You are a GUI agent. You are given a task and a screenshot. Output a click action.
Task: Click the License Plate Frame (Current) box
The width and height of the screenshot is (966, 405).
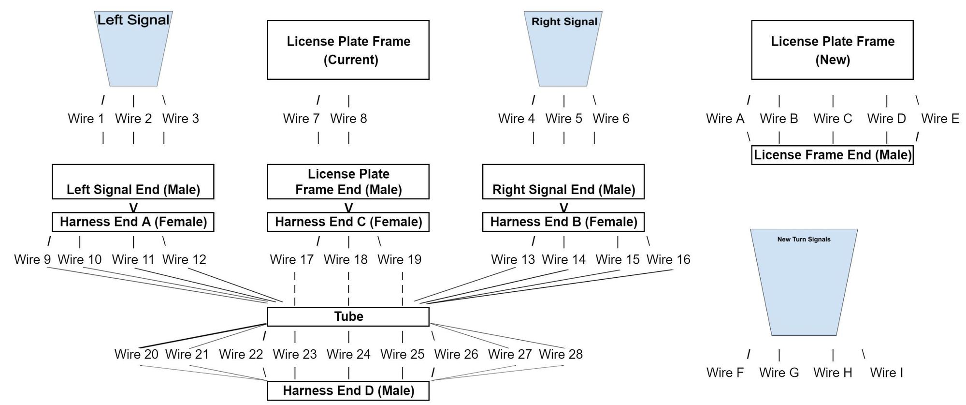pyautogui.click(x=348, y=50)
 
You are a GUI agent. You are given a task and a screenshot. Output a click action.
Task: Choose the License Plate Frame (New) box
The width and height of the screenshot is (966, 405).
pyautogui.click(x=832, y=50)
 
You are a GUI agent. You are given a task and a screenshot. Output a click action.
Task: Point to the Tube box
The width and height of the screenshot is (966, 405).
pyautogui.click(x=348, y=316)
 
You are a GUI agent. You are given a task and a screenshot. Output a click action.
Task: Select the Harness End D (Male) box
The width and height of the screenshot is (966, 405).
pyautogui.click(x=348, y=390)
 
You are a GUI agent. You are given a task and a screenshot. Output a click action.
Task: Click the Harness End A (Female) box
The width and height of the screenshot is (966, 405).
pyautogui.click(x=133, y=222)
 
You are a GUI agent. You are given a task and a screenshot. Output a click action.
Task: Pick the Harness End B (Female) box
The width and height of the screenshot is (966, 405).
pyautogui.click(x=563, y=222)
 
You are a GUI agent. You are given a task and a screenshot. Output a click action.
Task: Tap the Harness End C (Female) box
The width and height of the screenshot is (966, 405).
pyautogui.click(x=348, y=222)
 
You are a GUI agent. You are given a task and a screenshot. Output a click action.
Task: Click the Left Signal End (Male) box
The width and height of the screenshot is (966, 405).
pyautogui.click(x=133, y=181)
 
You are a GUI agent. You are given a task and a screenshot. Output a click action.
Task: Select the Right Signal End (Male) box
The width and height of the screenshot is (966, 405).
pyautogui.click(x=563, y=181)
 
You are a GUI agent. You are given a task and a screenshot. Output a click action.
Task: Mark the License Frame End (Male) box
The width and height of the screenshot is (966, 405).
pyautogui.click(x=832, y=155)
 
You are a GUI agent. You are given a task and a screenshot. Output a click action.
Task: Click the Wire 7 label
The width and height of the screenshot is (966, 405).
pyautogui.click(x=301, y=119)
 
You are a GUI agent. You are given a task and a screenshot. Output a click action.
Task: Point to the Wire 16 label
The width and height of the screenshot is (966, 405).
pyautogui.click(x=668, y=259)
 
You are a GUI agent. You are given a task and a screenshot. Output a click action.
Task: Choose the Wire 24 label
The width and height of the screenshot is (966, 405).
pyautogui.click(x=348, y=354)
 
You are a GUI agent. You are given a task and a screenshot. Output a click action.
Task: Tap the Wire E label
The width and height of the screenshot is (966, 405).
pyautogui.click(x=940, y=119)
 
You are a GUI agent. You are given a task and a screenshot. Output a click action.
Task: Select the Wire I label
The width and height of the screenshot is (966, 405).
pyautogui.click(x=886, y=373)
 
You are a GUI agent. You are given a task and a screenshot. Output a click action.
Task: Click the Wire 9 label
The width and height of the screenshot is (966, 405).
pyautogui.click(x=32, y=259)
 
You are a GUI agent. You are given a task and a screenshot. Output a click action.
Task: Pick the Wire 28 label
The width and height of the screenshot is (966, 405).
pyautogui.click(x=561, y=354)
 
